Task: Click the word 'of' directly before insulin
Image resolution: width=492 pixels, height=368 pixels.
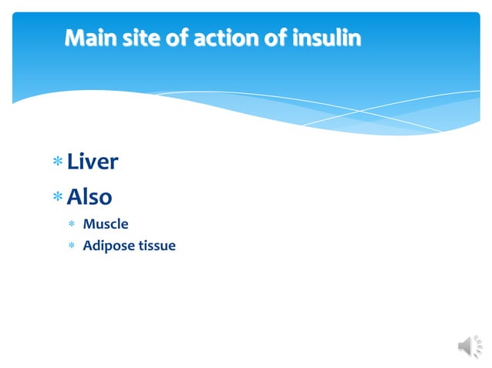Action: coord(278,38)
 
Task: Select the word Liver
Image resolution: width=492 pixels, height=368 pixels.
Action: coord(93,162)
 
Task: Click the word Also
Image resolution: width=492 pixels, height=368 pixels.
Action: coord(89,197)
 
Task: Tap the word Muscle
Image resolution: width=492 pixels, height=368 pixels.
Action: coord(106,224)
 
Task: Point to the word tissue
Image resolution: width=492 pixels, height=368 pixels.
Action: coord(158,246)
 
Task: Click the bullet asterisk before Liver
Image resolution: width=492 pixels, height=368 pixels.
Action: coord(57,162)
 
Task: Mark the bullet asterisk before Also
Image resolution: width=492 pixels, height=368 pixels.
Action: coord(57,198)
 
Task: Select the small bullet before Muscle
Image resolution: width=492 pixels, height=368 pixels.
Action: coord(71,225)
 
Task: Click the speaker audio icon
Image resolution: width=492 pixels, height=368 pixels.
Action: coord(470,347)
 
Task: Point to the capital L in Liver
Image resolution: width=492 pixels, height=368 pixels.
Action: coord(72,162)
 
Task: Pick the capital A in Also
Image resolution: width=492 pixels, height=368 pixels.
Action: coord(75,197)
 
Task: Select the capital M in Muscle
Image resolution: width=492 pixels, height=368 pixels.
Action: coord(89,224)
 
